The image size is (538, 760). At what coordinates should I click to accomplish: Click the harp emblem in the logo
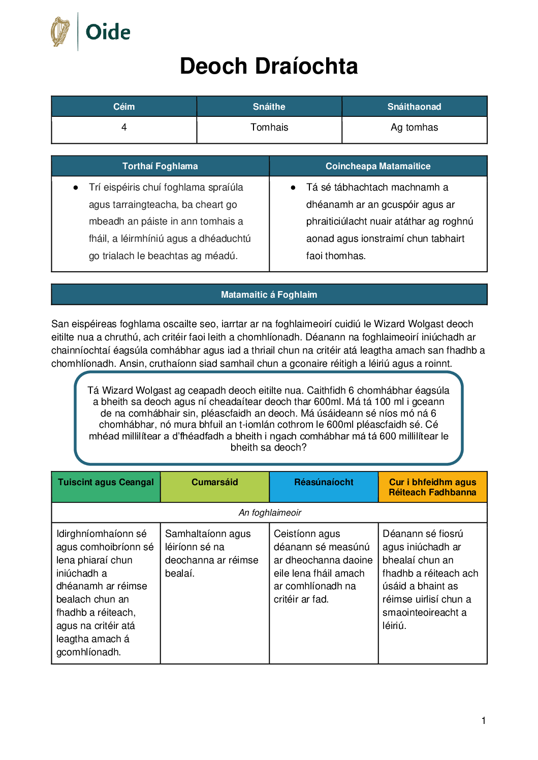[60, 31]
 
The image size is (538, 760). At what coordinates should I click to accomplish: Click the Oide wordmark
[108, 32]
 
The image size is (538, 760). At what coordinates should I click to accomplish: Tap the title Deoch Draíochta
[269, 66]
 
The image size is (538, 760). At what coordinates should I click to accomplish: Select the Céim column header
[124, 107]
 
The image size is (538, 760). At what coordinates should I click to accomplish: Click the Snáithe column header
[269, 107]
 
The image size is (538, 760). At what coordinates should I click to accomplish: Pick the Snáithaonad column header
[414, 107]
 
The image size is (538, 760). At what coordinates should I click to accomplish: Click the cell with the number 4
[124, 128]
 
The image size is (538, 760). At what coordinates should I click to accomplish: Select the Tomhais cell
[269, 128]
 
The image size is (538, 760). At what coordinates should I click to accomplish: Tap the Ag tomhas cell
[414, 128]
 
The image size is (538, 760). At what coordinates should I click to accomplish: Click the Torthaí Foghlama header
[160, 166]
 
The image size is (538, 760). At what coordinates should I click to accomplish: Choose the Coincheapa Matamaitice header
[378, 166]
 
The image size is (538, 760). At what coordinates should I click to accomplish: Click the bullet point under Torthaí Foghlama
[76, 187]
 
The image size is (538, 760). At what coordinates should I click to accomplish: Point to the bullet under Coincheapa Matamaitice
[293, 187]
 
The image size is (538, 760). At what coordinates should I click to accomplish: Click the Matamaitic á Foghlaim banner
[269, 295]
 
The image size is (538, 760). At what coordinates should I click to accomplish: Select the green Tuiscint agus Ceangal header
[106, 483]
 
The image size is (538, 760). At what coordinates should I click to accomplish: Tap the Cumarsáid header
[214, 483]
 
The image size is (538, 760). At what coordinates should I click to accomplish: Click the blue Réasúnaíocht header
[324, 483]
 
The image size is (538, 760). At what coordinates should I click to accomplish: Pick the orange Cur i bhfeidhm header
[432, 487]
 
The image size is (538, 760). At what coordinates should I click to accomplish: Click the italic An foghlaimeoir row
[270, 513]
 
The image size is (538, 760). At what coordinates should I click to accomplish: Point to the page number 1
[484, 720]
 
